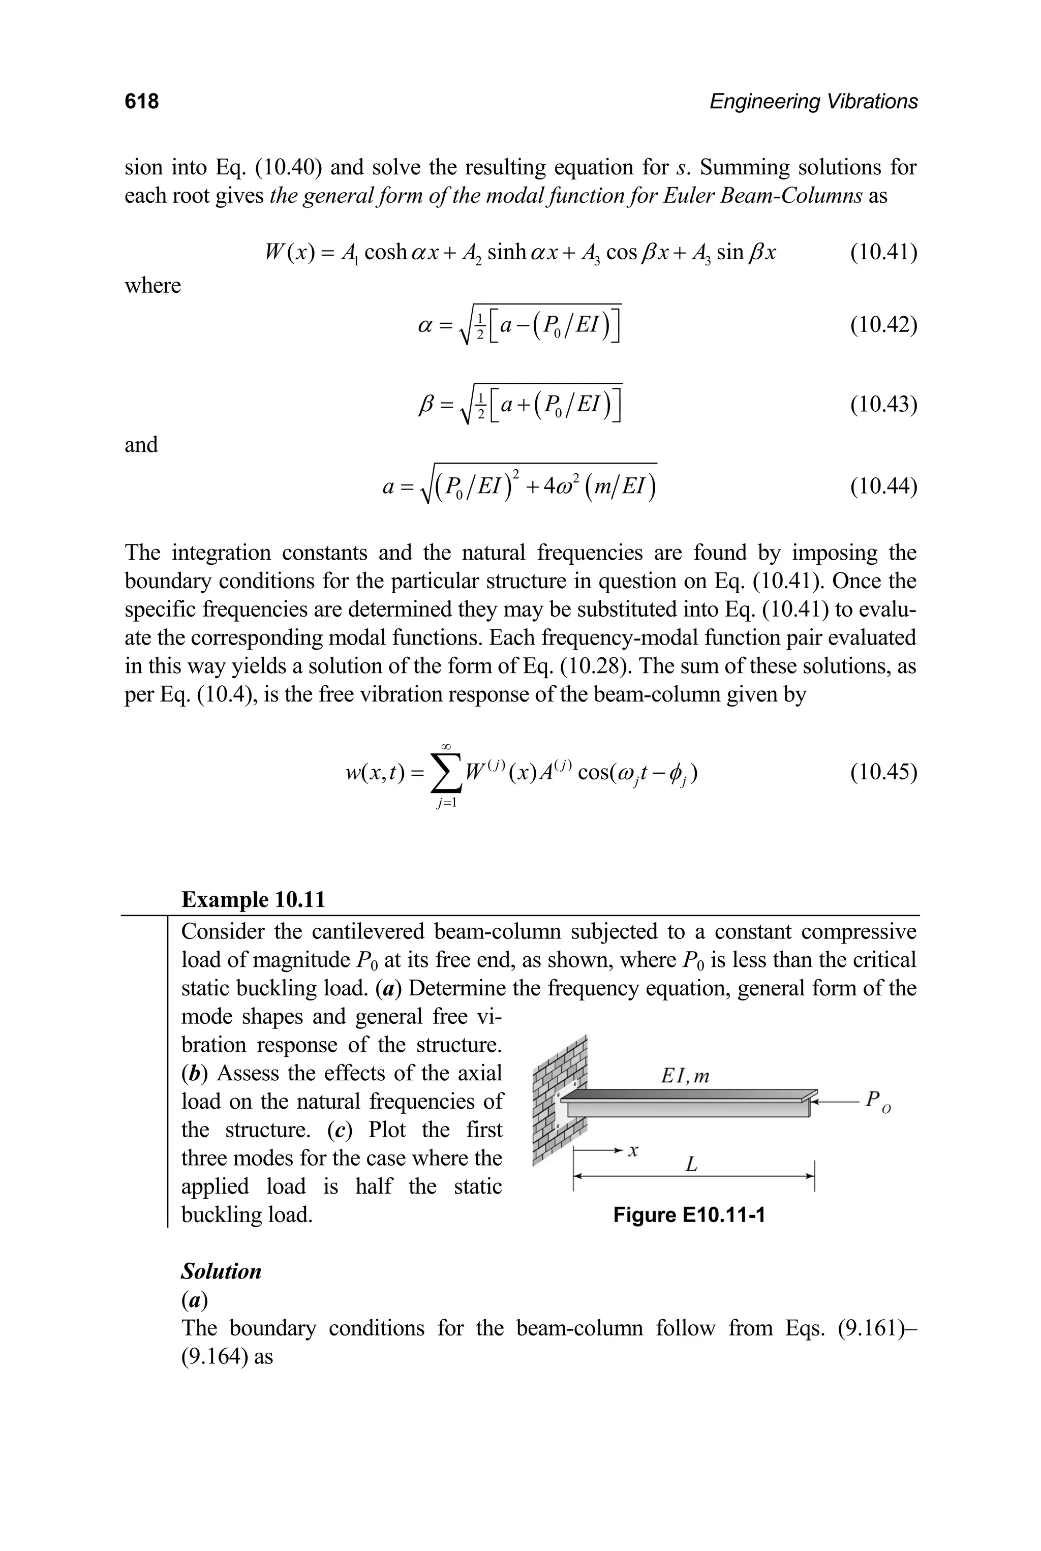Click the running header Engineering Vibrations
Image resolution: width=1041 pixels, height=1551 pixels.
coord(813,102)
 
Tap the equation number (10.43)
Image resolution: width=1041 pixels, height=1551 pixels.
coord(883,404)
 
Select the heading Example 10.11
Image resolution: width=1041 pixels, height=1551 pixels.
coord(254,900)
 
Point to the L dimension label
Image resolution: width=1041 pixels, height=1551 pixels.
coord(691,1165)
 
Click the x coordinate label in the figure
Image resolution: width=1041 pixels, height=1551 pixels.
coord(634,1150)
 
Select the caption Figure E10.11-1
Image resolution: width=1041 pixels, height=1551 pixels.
coord(689,1215)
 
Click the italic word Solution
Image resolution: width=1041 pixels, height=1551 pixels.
coord(221,1271)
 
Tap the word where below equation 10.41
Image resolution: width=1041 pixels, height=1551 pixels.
coord(152,286)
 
